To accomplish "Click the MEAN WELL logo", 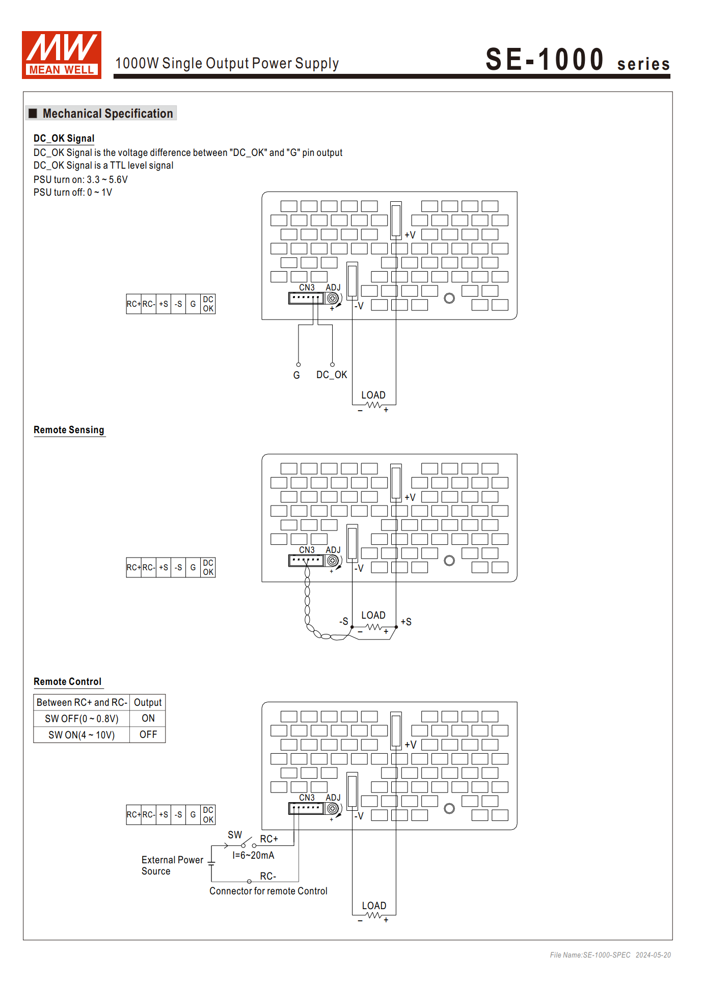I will pos(61,55).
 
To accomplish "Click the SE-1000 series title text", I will pos(577,60).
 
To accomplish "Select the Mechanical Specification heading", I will pos(107,114).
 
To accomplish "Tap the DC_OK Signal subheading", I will pos(64,139).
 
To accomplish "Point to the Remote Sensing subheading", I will pos(69,430).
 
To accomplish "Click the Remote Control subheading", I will pos(67,682).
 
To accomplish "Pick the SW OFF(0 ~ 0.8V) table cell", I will pos(82,719).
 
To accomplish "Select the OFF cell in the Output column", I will pos(148,735).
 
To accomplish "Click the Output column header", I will pos(148,702).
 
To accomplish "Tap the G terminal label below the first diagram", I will pos(296,375).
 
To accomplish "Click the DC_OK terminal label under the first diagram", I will pos(332,375).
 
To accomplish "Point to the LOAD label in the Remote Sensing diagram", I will pos(373,616).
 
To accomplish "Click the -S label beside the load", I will pos(344,622).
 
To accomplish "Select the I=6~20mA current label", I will pos(253,855).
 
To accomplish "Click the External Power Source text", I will pos(172,865).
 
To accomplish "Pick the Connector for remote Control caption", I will pos(268,891).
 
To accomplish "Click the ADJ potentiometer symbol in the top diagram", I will pos(333,298).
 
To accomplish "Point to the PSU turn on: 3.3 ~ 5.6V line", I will pos(80,180).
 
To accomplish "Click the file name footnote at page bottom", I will pos(610,955).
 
